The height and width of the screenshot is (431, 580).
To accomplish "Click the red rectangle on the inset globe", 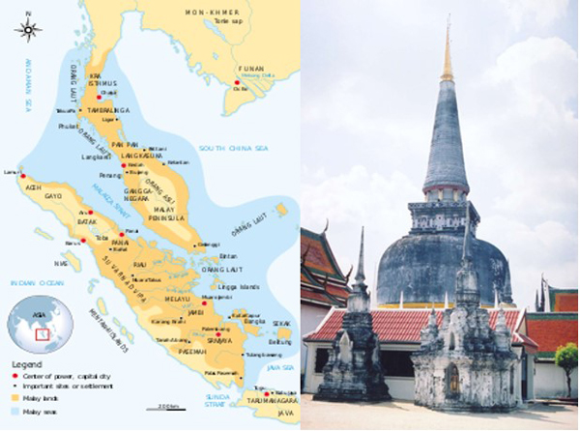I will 42,334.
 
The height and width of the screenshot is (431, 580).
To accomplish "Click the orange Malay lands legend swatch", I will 14,397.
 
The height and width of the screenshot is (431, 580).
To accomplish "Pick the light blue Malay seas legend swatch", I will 14,411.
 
